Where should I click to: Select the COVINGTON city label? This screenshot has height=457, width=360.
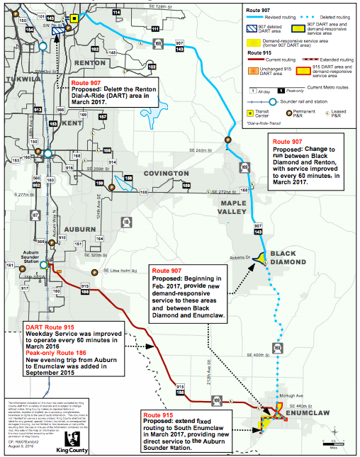click(x=164, y=173)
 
